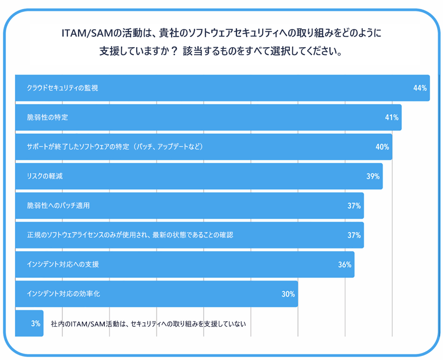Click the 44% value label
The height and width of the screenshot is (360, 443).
(x=420, y=88)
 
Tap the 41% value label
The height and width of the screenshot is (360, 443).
(x=391, y=117)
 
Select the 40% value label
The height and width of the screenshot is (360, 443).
(x=382, y=147)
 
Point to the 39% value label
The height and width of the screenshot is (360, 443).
(x=373, y=176)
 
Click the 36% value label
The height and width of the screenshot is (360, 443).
(x=345, y=265)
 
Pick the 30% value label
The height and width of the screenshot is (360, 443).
(x=288, y=294)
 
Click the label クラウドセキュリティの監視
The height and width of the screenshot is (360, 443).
(x=62, y=88)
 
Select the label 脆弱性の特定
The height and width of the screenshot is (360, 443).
(x=48, y=117)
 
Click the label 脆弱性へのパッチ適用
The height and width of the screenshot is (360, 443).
(x=59, y=206)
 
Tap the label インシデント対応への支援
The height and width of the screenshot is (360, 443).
(x=63, y=265)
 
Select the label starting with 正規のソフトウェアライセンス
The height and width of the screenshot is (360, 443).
(x=130, y=235)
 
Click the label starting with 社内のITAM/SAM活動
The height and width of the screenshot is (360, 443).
(x=148, y=324)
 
